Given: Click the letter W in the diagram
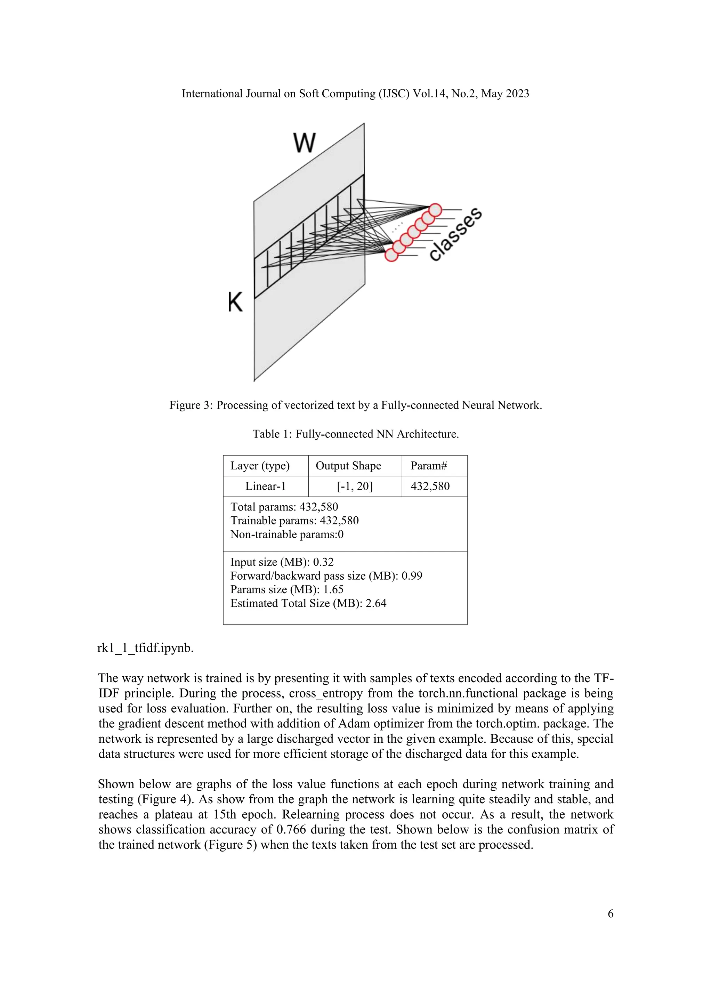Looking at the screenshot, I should tap(304, 143).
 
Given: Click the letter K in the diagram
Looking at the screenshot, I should tap(235, 302).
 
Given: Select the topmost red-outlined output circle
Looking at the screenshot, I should tap(435, 210).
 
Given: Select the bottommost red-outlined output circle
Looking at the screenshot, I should tap(391, 255).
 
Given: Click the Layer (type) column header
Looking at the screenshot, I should tap(260, 466).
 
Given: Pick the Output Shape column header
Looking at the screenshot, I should tap(348, 466).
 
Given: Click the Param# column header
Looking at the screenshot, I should tap(428, 466).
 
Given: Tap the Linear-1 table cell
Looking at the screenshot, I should tap(265, 486).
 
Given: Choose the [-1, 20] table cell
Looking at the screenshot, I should tap(354, 486).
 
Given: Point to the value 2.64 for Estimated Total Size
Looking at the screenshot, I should tap(376, 604).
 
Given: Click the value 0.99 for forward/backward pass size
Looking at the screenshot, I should tap(412, 576).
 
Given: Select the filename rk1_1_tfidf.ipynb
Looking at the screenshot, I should tap(145, 648).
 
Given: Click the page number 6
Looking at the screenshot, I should tap(610, 913).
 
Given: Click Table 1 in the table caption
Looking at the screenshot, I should tap(272, 434).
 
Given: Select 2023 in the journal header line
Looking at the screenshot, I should tap(517, 94).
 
